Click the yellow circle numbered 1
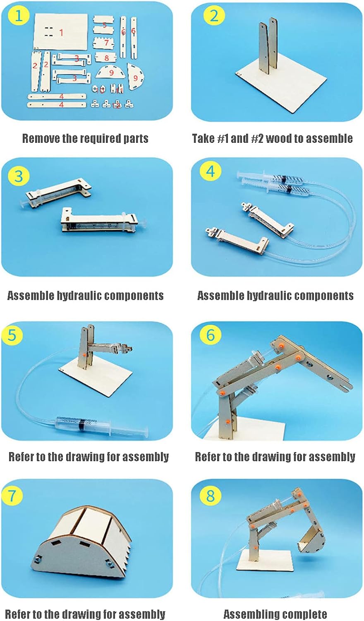(19, 16)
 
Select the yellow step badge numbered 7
(12, 494)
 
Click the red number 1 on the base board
(61, 33)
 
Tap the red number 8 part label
(107, 58)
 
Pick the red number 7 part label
(106, 42)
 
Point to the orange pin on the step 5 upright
(84, 355)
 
